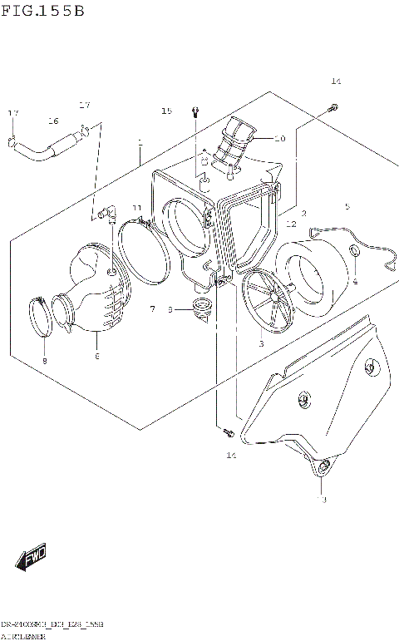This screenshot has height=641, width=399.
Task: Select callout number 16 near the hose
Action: click(x=53, y=121)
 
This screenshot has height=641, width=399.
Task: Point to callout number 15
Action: click(x=166, y=111)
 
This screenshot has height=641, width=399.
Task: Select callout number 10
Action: click(x=280, y=139)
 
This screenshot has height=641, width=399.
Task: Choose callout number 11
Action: click(x=137, y=208)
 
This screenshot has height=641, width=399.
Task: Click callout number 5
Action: click(x=347, y=207)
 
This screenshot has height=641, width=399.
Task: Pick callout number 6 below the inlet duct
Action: click(x=96, y=356)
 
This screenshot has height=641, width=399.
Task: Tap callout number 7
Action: click(x=152, y=309)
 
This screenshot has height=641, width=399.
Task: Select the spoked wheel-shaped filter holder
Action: click(x=267, y=303)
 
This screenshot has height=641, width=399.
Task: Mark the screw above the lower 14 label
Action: click(x=227, y=431)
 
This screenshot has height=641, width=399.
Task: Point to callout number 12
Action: click(x=291, y=224)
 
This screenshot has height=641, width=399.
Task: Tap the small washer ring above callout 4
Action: click(x=354, y=253)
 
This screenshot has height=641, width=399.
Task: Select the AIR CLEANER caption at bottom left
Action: click(x=24, y=635)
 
